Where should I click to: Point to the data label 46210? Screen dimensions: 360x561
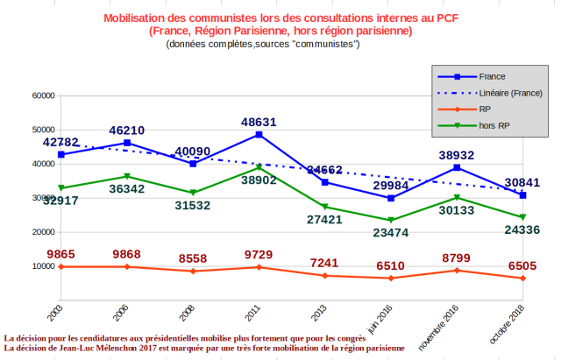(x=127, y=131)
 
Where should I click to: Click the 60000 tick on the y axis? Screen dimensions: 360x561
(x=43, y=95)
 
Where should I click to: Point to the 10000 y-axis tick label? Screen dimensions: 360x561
(x=43, y=266)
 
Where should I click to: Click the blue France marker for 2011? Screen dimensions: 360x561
(x=259, y=135)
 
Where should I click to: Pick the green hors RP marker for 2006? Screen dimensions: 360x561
(x=127, y=176)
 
